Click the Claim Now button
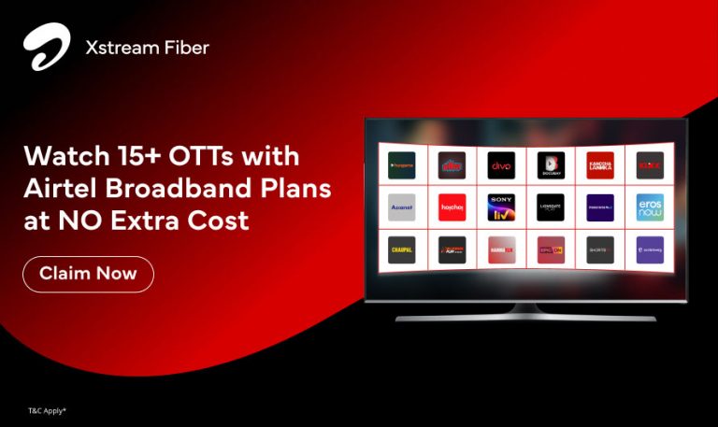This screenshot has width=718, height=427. (88, 274)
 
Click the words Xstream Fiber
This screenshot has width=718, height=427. (148, 47)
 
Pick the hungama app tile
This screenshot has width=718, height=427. (401, 165)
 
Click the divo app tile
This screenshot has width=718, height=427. (501, 165)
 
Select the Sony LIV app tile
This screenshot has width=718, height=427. (501, 207)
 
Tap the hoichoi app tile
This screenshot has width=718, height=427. (452, 207)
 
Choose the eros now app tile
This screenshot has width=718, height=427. (650, 207)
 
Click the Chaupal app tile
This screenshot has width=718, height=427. (401, 249)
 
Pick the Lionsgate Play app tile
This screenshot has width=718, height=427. (550, 207)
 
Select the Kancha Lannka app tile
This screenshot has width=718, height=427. (599, 165)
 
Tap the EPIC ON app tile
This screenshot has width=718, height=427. (550, 249)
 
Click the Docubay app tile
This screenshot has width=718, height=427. (550, 165)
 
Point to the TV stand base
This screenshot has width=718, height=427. (524, 317)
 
